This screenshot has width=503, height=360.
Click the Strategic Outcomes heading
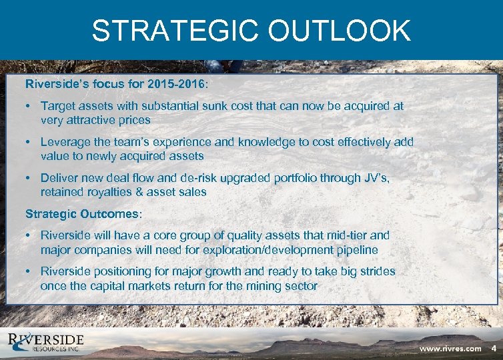point(81,214)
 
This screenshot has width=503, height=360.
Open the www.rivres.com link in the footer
point(450,349)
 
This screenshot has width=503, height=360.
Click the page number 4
point(494,349)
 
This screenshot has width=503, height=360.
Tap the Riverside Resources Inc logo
point(47,343)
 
